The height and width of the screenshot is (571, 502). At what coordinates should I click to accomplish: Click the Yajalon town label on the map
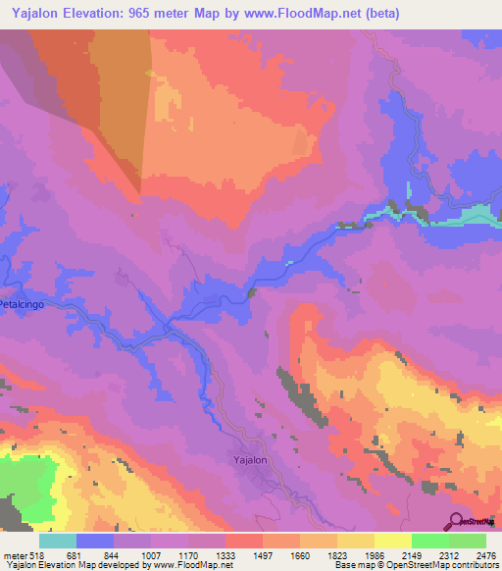pyautogui.click(x=249, y=459)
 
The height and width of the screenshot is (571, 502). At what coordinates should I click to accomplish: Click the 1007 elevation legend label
pyautogui.click(x=151, y=554)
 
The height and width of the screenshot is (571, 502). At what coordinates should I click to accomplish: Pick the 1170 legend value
pyautogui.click(x=188, y=554)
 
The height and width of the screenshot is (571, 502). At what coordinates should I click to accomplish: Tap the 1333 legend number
pyautogui.click(x=226, y=554)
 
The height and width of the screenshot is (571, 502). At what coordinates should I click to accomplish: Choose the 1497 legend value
pyautogui.click(x=263, y=554)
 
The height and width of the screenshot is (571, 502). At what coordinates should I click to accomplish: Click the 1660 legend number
pyautogui.click(x=300, y=554)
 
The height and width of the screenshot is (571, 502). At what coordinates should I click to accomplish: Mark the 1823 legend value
pyautogui.click(x=337, y=554)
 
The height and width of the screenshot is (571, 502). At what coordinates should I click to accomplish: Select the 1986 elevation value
pyautogui.click(x=375, y=554)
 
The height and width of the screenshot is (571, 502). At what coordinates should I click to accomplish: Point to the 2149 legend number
pyautogui.click(x=412, y=554)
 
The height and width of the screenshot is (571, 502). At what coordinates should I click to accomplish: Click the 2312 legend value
pyautogui.click(x=449, y=554)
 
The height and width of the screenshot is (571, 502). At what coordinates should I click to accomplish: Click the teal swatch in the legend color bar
pyautogui.click(x=58, y=541)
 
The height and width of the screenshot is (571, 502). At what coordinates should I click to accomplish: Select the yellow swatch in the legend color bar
pyautogui.click(x=392, y=541)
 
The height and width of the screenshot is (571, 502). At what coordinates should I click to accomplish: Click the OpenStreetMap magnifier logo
pyautogui.click(x=455, y=521)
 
